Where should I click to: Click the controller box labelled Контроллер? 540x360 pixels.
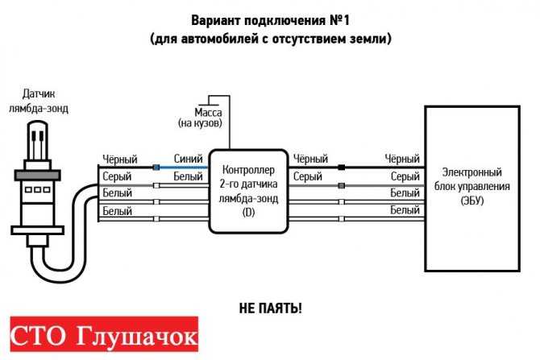click(x=248, y=192)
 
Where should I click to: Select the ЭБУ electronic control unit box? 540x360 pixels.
click(x=472, y=188)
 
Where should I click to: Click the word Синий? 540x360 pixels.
click(x=188, y=159)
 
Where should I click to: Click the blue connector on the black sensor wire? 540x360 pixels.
click(x=156, y=168)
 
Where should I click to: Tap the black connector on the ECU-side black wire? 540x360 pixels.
click(x=341, y=168)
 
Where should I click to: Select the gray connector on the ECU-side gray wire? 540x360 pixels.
click(x=341, y=186)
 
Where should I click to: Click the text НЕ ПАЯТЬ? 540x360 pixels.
click(x=270, y=308)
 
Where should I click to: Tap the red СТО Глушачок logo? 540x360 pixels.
click(x=104, y=334)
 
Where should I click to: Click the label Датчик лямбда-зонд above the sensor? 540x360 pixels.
click(x=39, y=101)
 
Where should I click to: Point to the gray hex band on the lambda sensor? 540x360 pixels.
click(x=38, y=176)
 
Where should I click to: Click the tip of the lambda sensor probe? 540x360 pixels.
click(x=38, y=122)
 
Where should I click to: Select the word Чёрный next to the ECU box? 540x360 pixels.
click(x=402, y=159)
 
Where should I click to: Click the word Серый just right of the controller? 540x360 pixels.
click(x=308, y=176)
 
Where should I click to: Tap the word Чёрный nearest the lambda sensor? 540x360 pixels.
click(x=120, y=159)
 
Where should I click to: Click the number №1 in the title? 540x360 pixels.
click(x=339, y=20)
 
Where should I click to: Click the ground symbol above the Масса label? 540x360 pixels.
click(x=209, y=104)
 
